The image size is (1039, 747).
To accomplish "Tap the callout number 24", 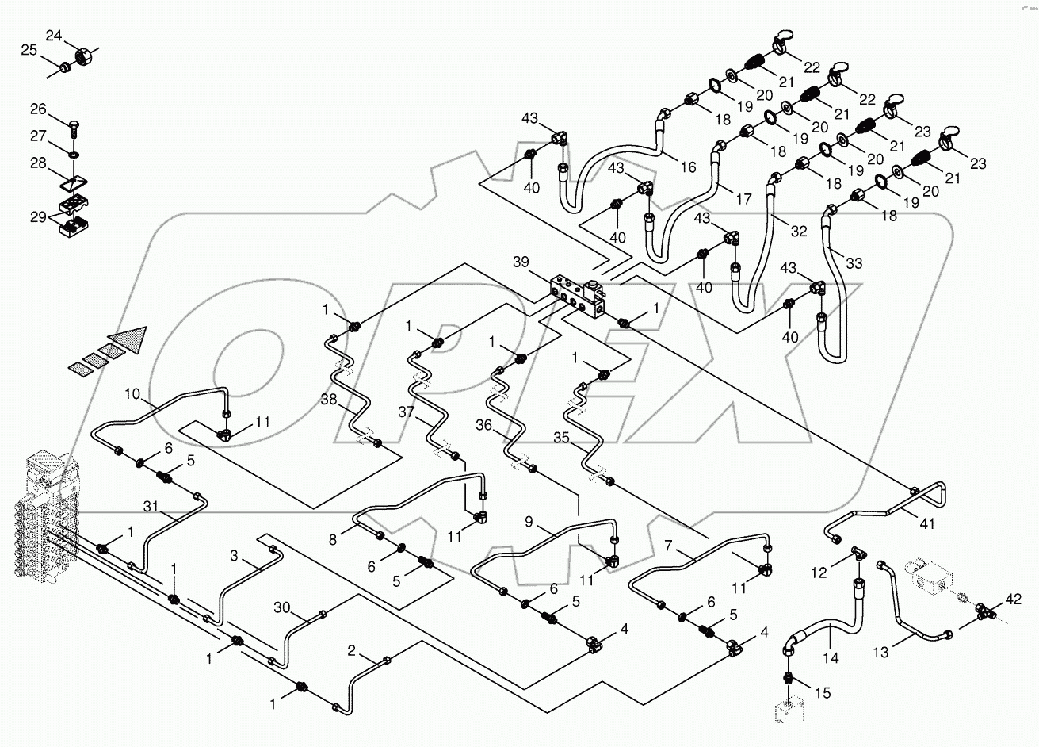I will coord(53,36).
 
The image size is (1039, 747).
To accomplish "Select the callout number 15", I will coord(823,693).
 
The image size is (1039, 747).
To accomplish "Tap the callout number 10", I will coord(132,393).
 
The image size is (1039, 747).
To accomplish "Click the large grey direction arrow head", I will coord(130,339).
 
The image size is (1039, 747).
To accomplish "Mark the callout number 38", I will coord(329,400).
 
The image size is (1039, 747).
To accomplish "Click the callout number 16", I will coord(687,167).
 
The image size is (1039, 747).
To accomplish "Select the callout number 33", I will coord(854,262).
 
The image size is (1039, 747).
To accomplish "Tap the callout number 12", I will coord(818,572).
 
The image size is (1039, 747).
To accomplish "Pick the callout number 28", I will coord(38,163).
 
